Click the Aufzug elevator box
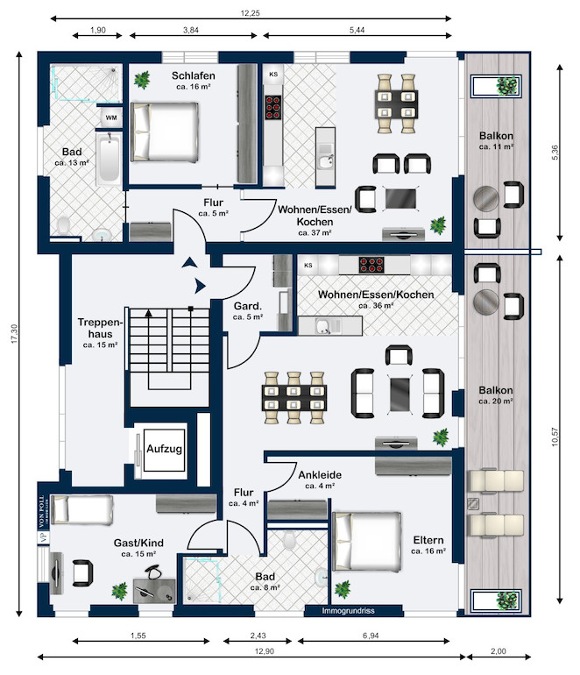click(x=164, y=449)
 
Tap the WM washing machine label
click(x=111, y=117)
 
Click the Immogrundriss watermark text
click(x=347, y=610)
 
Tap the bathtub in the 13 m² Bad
click(x=109, y=159)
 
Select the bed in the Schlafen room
click(x=164, y=130)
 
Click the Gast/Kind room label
click(x=138, y=543)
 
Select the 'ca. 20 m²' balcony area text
click(x=496, y=401)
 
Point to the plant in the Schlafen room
click(x=141, y=82)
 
